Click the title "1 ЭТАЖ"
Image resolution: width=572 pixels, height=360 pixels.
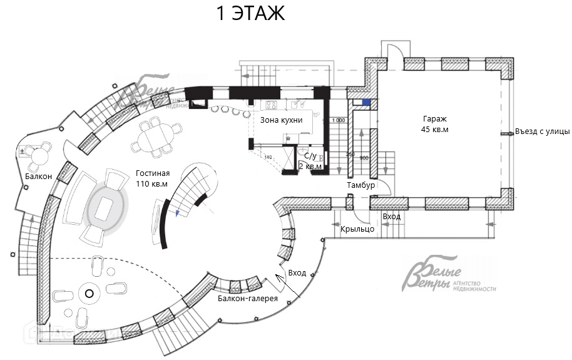(250, 13)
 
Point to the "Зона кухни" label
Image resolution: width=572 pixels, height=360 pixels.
(281, 120)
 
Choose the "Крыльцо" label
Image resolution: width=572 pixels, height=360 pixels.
(357, 229)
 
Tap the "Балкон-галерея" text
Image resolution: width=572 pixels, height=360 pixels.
(248, 299)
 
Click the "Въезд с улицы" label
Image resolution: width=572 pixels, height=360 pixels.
(543, 131)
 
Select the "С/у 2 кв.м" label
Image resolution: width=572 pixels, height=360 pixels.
(309, 162)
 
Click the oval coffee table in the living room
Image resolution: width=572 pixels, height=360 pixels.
(104, 207)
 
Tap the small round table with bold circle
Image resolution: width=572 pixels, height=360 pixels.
(89, 293)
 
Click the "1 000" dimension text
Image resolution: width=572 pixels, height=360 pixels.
(338, 120)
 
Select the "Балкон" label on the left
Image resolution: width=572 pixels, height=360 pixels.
(34, 177)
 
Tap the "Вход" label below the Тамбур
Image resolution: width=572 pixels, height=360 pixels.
(392, 217)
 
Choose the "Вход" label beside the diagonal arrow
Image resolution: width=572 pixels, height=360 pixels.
(297, 273)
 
